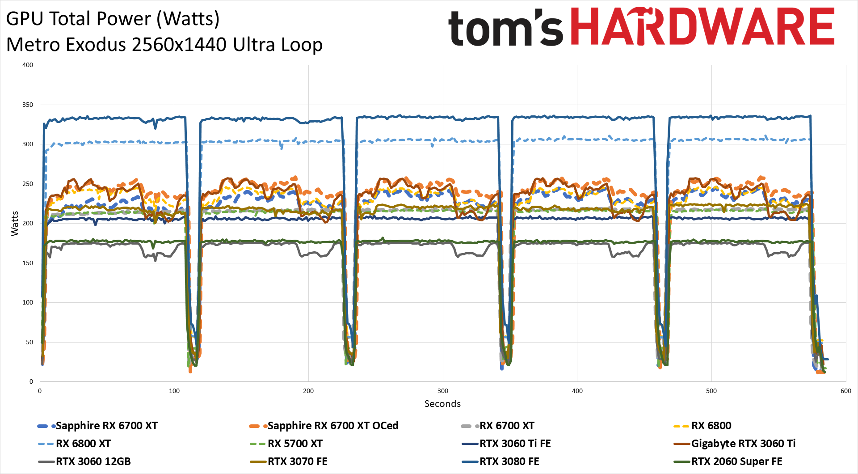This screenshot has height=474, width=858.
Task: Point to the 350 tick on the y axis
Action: click(28, 105)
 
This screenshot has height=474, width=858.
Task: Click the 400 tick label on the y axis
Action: click(28, 65)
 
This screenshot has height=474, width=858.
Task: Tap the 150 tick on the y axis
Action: click(28, 263)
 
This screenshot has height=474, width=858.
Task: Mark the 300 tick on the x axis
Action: click(442, 391)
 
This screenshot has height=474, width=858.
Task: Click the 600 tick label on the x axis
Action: click(845, 391)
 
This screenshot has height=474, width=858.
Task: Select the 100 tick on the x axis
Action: click(174, 391)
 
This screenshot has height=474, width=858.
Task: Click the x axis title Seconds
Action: click(442, 404)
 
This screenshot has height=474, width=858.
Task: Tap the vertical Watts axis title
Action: click(15, 223)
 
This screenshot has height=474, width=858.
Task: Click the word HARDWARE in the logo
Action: click(702, 27)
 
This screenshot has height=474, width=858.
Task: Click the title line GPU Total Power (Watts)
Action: click(113, 19)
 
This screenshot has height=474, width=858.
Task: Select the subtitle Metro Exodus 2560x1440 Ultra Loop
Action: click(164, 45)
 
